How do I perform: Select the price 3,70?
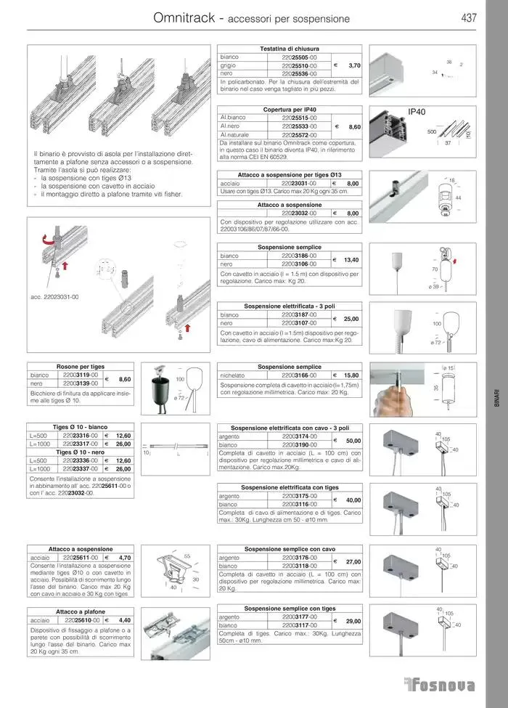(x=354, y=65)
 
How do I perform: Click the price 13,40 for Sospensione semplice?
(x=351, y=260)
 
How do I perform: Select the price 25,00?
(x=351, y=319)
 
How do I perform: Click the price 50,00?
(x=353, y=441)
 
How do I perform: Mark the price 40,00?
(x=353, y=500)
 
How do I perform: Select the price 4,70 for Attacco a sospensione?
(x=124, y=558)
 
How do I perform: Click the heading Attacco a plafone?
(x=81, y=612)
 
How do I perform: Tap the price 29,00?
(x=353, y=621)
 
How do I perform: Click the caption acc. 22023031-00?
(x=55, y=297)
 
